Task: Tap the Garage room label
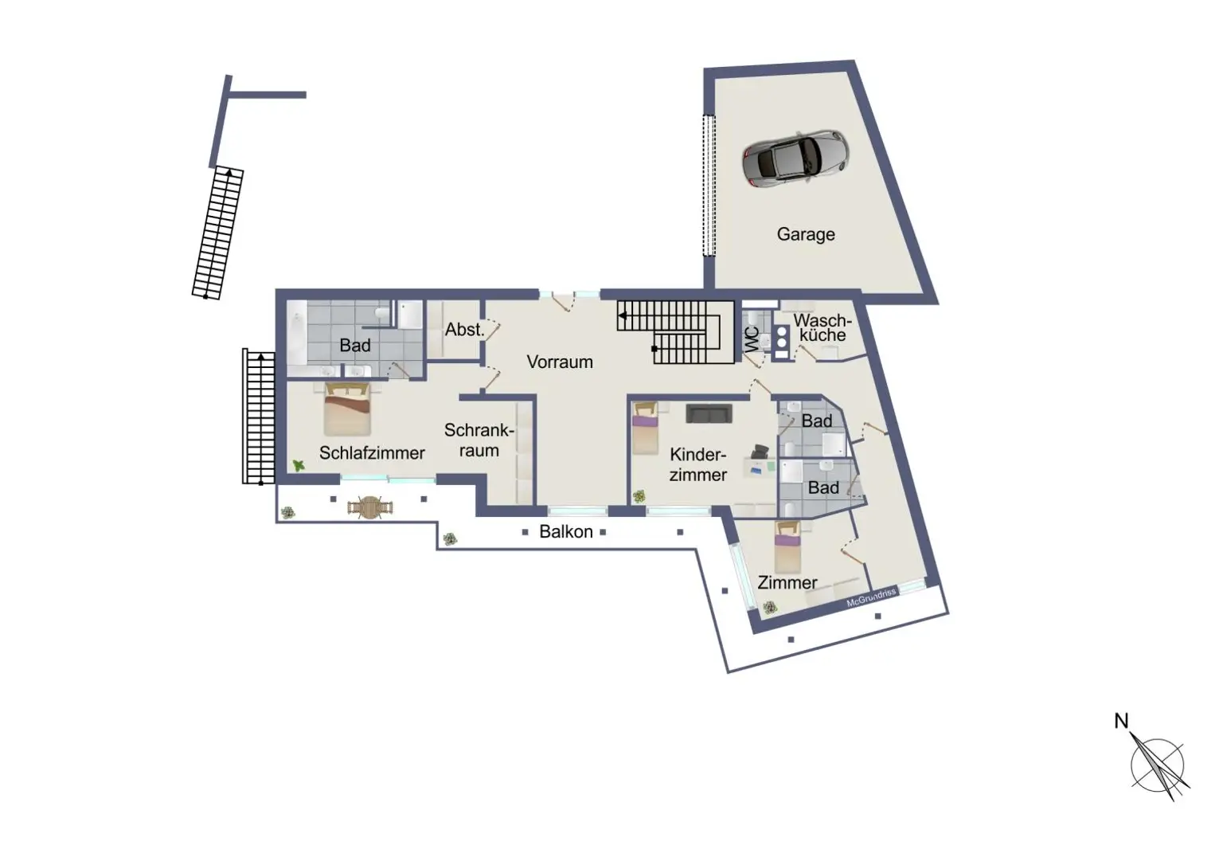[x=806, y=234]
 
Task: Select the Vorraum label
[x=560, y=362]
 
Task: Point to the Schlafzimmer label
[x=372, y=452]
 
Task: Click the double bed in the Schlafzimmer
[x=347, y=409]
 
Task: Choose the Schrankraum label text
[x=479, y=440]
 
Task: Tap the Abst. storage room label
[x=465, y=329]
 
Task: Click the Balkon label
[x=565, y=532]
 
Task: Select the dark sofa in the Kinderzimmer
[x=709, y=413]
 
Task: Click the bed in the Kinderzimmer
[x=645, y=429]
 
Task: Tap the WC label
[x=752, y=339]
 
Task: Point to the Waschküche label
[x=822, y=327]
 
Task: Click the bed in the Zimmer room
[x=787, y=546]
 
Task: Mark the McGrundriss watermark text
[x=871, y=597]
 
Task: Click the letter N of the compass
[x=1121, y=722]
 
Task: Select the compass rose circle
[x=1157, y=765]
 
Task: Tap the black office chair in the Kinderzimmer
[x=760, y=452]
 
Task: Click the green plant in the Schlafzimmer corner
[x=298, y=465]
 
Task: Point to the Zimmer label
[x=787, y=583]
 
